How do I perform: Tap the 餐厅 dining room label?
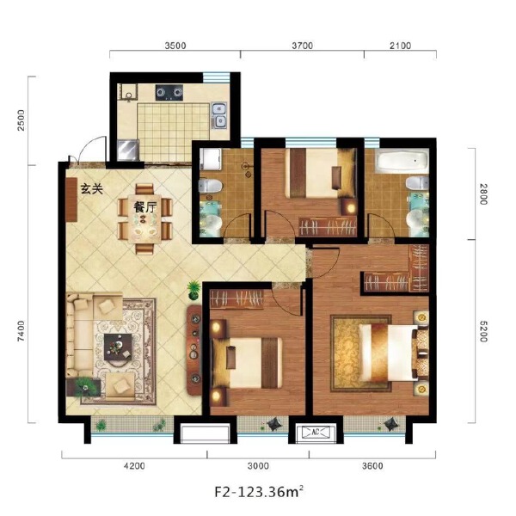click(x=144, y=207)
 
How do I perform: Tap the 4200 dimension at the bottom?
click(x=133, y=467)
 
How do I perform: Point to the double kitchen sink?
click(x=220, y=114)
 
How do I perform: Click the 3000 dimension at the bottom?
click(x=258, y=467)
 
